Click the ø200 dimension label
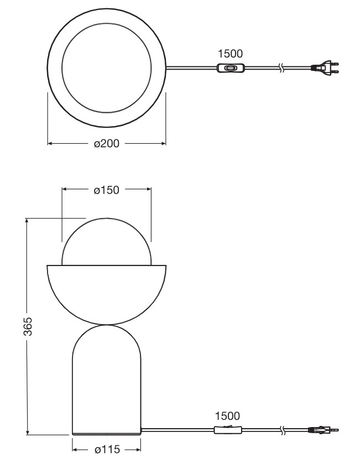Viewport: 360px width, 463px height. [x=107, y=143]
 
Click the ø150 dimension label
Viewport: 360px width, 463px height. [x=107, y=190]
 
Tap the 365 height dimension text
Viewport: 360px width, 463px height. [x=28, y=326]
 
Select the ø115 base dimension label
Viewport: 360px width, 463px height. [x=107, y=449]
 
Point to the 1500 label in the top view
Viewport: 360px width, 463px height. [x=230, y=54]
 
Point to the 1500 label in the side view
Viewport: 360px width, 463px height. [x=227, y=416]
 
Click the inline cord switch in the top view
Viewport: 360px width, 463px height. [x=231, y=68]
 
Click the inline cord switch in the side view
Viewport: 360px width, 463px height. [x=228, y=430]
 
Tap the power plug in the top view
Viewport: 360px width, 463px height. [x=325, y=67]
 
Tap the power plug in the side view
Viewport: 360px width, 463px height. [x=324, y=430]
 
